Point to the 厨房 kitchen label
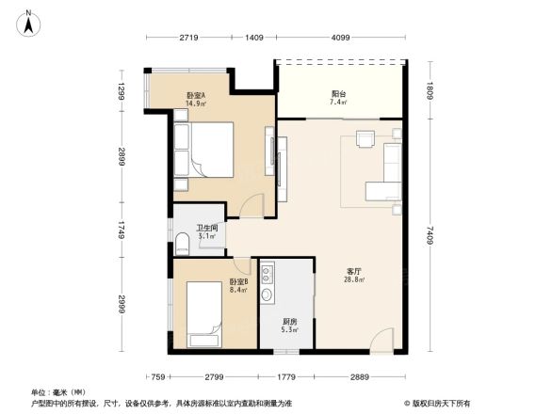(x=290, y=325)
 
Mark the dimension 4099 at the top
(x=340, y=38)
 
